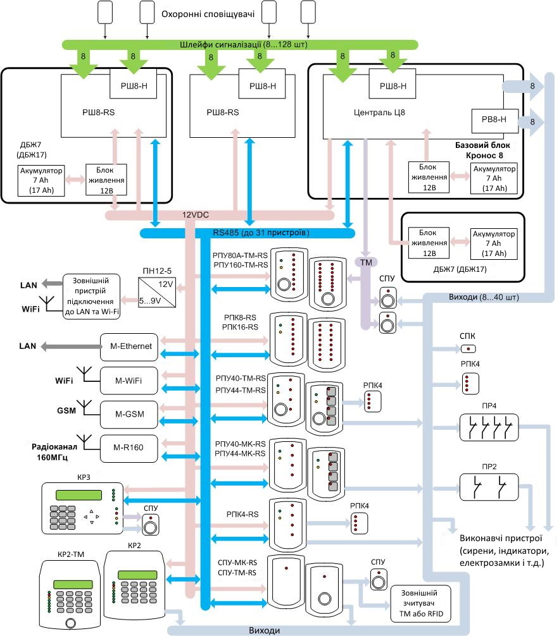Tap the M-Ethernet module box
pyautogui.click(x=132, y=346)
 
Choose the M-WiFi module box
pyautogui.click(x=129, y=380)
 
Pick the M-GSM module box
pyautogui.click(x=129, y=414)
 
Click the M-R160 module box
pyautogui.click(x=129, y=448)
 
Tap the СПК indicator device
pyautogui.click(x=468, y=348)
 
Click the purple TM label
pyautogui.click(x=367, y=260)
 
